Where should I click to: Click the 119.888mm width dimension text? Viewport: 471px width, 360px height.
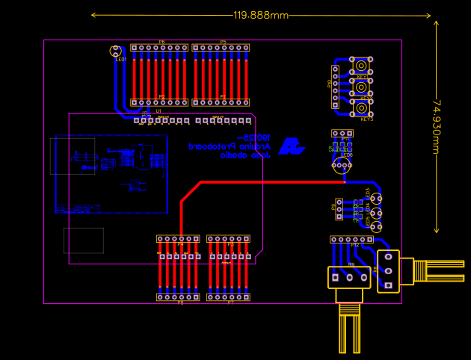point(260,16)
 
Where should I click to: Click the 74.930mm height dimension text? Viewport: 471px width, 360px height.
point(437,127)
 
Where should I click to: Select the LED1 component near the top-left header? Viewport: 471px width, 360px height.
point(115,52)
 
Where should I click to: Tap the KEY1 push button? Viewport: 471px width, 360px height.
point(361,66)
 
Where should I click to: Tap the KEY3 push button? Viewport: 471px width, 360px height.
point(362,108)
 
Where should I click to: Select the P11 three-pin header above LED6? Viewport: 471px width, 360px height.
point(342,134)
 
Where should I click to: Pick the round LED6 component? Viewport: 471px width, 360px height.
point(342,165)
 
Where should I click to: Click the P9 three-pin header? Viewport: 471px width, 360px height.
point(339,209)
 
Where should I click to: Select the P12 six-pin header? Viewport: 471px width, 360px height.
point(351,240)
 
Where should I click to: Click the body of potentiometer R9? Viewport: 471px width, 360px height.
point(349,277)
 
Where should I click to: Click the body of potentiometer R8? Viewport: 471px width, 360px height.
point(389,271)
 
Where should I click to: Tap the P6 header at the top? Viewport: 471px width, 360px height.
point(159,48)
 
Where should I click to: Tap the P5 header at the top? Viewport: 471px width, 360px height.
point(221,48)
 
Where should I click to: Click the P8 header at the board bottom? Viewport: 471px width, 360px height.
point(178,297)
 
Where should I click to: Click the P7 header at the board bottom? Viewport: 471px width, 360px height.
point(228,297)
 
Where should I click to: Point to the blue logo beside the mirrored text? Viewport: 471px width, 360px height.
point(291,146)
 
